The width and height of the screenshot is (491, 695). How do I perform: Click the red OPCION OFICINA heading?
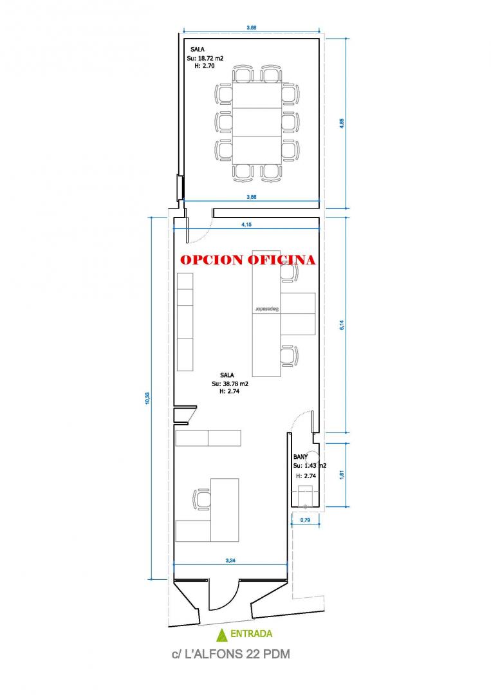[248, 260]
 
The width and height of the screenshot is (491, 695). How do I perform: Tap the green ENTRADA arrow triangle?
[221, 635]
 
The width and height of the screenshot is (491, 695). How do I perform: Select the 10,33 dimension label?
[147, 398]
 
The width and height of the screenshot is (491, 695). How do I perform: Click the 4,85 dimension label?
[342, 124]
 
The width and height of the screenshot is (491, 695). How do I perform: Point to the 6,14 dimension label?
[342, 325]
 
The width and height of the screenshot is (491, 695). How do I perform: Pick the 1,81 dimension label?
[342, 474]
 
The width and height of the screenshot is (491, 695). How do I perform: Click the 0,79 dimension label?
[305, 520]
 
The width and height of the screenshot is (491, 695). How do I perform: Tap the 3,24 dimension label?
[230, 561]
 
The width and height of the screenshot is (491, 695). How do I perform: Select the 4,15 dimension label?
[246, 225]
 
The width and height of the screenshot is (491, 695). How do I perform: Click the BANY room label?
[301, 456]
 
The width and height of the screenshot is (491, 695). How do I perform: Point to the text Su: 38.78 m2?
[230, 384]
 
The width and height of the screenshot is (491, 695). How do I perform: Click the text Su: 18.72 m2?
[205, 58]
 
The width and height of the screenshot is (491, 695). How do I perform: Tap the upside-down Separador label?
[267, 309]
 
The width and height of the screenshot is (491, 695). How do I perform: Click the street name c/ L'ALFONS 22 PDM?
[231, 654]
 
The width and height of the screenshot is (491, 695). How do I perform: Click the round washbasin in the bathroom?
[313, 456]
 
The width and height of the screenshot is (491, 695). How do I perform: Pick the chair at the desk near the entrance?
[201, 499]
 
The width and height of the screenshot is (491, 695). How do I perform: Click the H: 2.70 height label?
[205, 66]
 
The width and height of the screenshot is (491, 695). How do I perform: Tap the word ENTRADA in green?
[251, 635]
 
